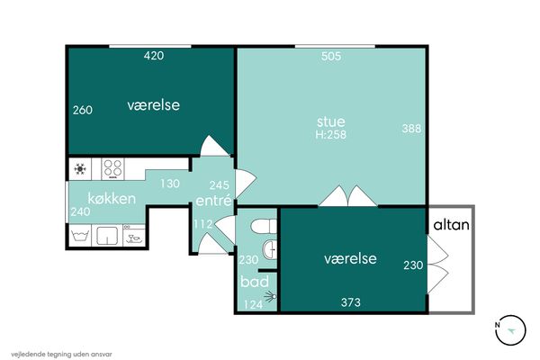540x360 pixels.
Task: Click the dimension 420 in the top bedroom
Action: (x=154, y=56)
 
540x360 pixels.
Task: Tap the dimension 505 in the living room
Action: (x=331, y=56)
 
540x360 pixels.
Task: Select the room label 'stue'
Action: (x=330, y=121)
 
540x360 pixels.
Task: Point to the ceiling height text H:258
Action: (x=330, y=134)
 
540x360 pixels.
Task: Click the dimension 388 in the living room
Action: (x=411, y=129)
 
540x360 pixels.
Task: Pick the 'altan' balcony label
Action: (x=451, y=225)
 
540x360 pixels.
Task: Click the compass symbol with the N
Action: (x=510, y=330)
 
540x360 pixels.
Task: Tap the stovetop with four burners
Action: (x=113, y=168)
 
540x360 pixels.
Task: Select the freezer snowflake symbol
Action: (x=80, y=169)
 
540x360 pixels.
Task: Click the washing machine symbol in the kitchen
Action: (x=80, y=236)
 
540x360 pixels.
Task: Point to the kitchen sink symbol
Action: (x=107, y=236)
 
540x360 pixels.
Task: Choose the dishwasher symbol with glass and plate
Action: (x=134, y=236)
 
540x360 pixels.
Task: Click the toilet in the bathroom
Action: (x=264, y=227)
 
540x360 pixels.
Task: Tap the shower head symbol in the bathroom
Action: (x=271, y=296)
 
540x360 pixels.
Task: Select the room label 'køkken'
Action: (x=112, y=199)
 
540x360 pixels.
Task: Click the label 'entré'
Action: (x=213, y=200)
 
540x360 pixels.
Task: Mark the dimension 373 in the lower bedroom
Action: (x=351, y=302)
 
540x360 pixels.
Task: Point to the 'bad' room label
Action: (x=255, y=282)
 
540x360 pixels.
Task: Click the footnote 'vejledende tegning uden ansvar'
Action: (x=61, y=354)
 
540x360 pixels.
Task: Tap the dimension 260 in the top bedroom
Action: (x=83, y=110)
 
